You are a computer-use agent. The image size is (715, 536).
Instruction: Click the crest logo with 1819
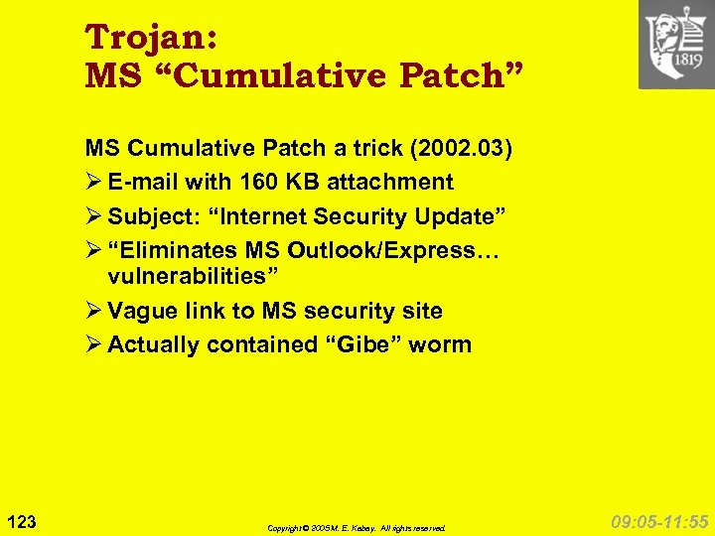coord(676,45)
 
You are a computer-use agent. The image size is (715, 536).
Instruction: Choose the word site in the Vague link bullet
coord(420,312)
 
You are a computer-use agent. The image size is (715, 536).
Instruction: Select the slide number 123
coord(22,519)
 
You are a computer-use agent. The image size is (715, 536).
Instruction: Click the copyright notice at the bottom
coord(356,528)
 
